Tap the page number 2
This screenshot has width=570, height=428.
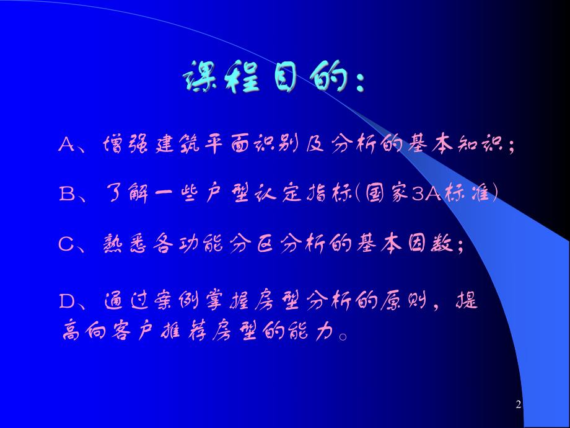[519, 405]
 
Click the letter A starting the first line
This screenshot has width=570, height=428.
[66, 145]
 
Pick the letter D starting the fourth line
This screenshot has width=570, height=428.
[66, 302]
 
